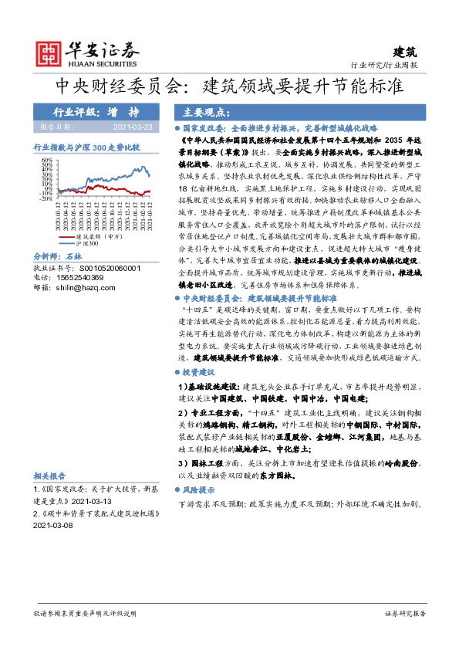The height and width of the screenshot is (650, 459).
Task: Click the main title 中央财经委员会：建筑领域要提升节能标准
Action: coord(229,83)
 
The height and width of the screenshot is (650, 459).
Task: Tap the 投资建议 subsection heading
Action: coord(202,371)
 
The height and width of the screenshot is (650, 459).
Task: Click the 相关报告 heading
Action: coord(51,476)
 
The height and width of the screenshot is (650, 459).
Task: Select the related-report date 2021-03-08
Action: coord(52,524)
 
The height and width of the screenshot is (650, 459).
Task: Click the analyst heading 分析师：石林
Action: coord(59,276)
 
